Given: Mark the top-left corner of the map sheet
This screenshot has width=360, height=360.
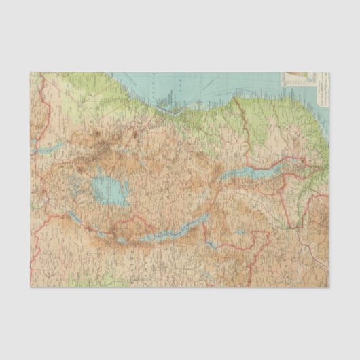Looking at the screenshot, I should click(30, 72).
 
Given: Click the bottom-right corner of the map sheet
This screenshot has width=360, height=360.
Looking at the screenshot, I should click(329, 287).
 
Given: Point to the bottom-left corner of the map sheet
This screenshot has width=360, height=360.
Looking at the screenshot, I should click(30, 287).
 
